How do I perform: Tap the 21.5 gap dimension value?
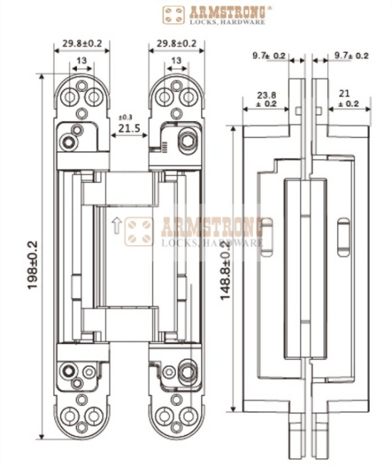pyautogui.click(x=128, y=129)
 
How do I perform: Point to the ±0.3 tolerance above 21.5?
pyautogui.click(x=125, y=116)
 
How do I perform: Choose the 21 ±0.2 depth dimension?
pyautogui.click(x=349, y=98)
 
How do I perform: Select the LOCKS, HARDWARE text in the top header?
pyautogui.click(x=226, y=23)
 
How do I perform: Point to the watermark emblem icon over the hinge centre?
pyautogui.click(x=139, y=232)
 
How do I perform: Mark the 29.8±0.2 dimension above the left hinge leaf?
pyautogui.click(x=82, y=43)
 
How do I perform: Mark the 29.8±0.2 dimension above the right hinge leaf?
pyautogui.click(x=172, y=43)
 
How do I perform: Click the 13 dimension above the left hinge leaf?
pyautogui.click(x=82, y=62)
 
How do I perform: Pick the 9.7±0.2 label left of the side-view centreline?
pyautogui.click(x=269, y=55)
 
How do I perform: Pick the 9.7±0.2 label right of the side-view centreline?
pyautogui.click(x=351, y=55)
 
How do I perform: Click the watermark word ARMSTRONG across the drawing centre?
pyautogui.click(x=212, y=228)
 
